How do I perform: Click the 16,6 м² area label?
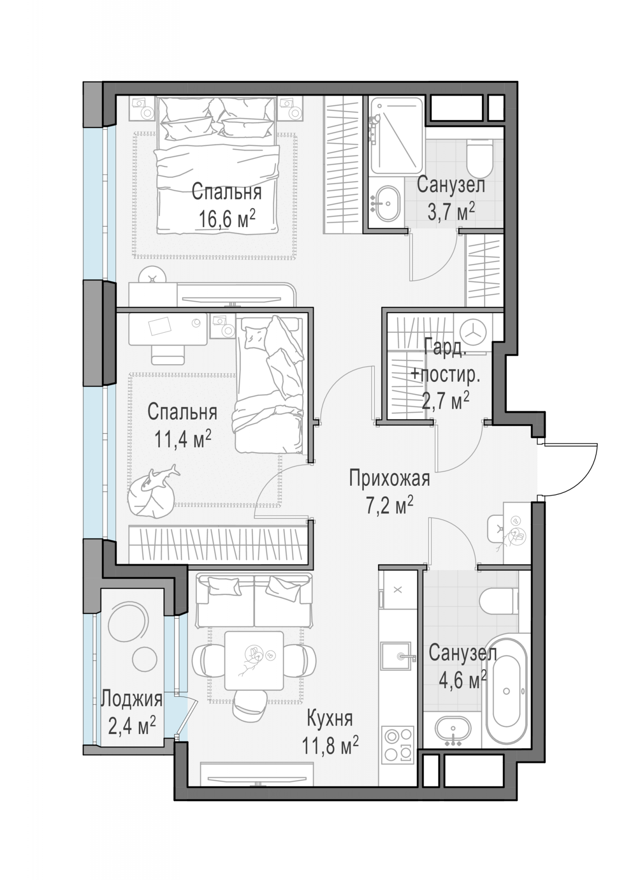[x=227, y=219]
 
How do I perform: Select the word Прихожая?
[x=390, y=479]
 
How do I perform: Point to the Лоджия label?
[x=132, y=698]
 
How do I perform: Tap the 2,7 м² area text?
[x=446, y=400]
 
